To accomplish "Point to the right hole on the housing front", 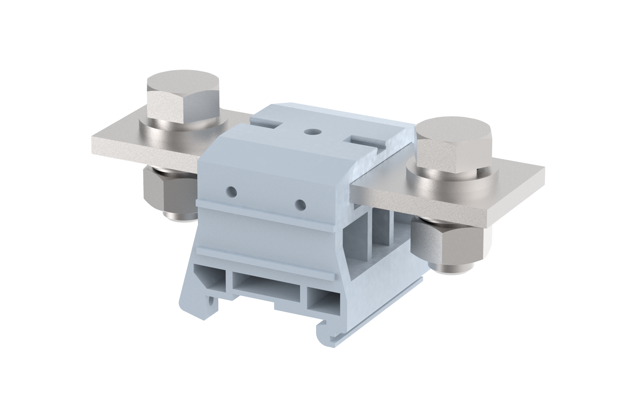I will point(300,204).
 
